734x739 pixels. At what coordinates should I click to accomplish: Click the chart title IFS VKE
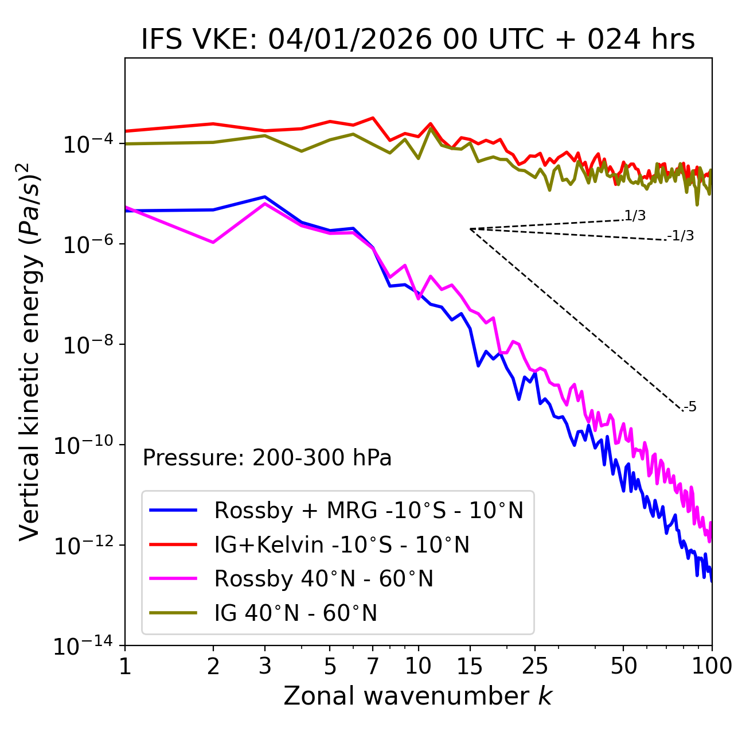click(417, 40)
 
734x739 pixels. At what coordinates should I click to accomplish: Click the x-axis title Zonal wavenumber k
click(417, 695)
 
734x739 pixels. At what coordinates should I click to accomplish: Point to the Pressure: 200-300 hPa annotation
click(267, 458)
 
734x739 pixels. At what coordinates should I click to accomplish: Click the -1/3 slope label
click(681, 236)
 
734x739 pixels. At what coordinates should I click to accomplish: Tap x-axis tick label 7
click(373, 666)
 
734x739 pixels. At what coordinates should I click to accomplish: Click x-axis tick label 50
click(623, 666)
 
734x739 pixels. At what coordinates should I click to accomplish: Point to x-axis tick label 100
click(712, 666)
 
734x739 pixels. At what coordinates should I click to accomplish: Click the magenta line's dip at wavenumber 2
click(213, 243)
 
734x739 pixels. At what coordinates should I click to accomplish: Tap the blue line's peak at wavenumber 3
click(265, 197)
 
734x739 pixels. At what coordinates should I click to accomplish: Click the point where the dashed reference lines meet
click(470, 229)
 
